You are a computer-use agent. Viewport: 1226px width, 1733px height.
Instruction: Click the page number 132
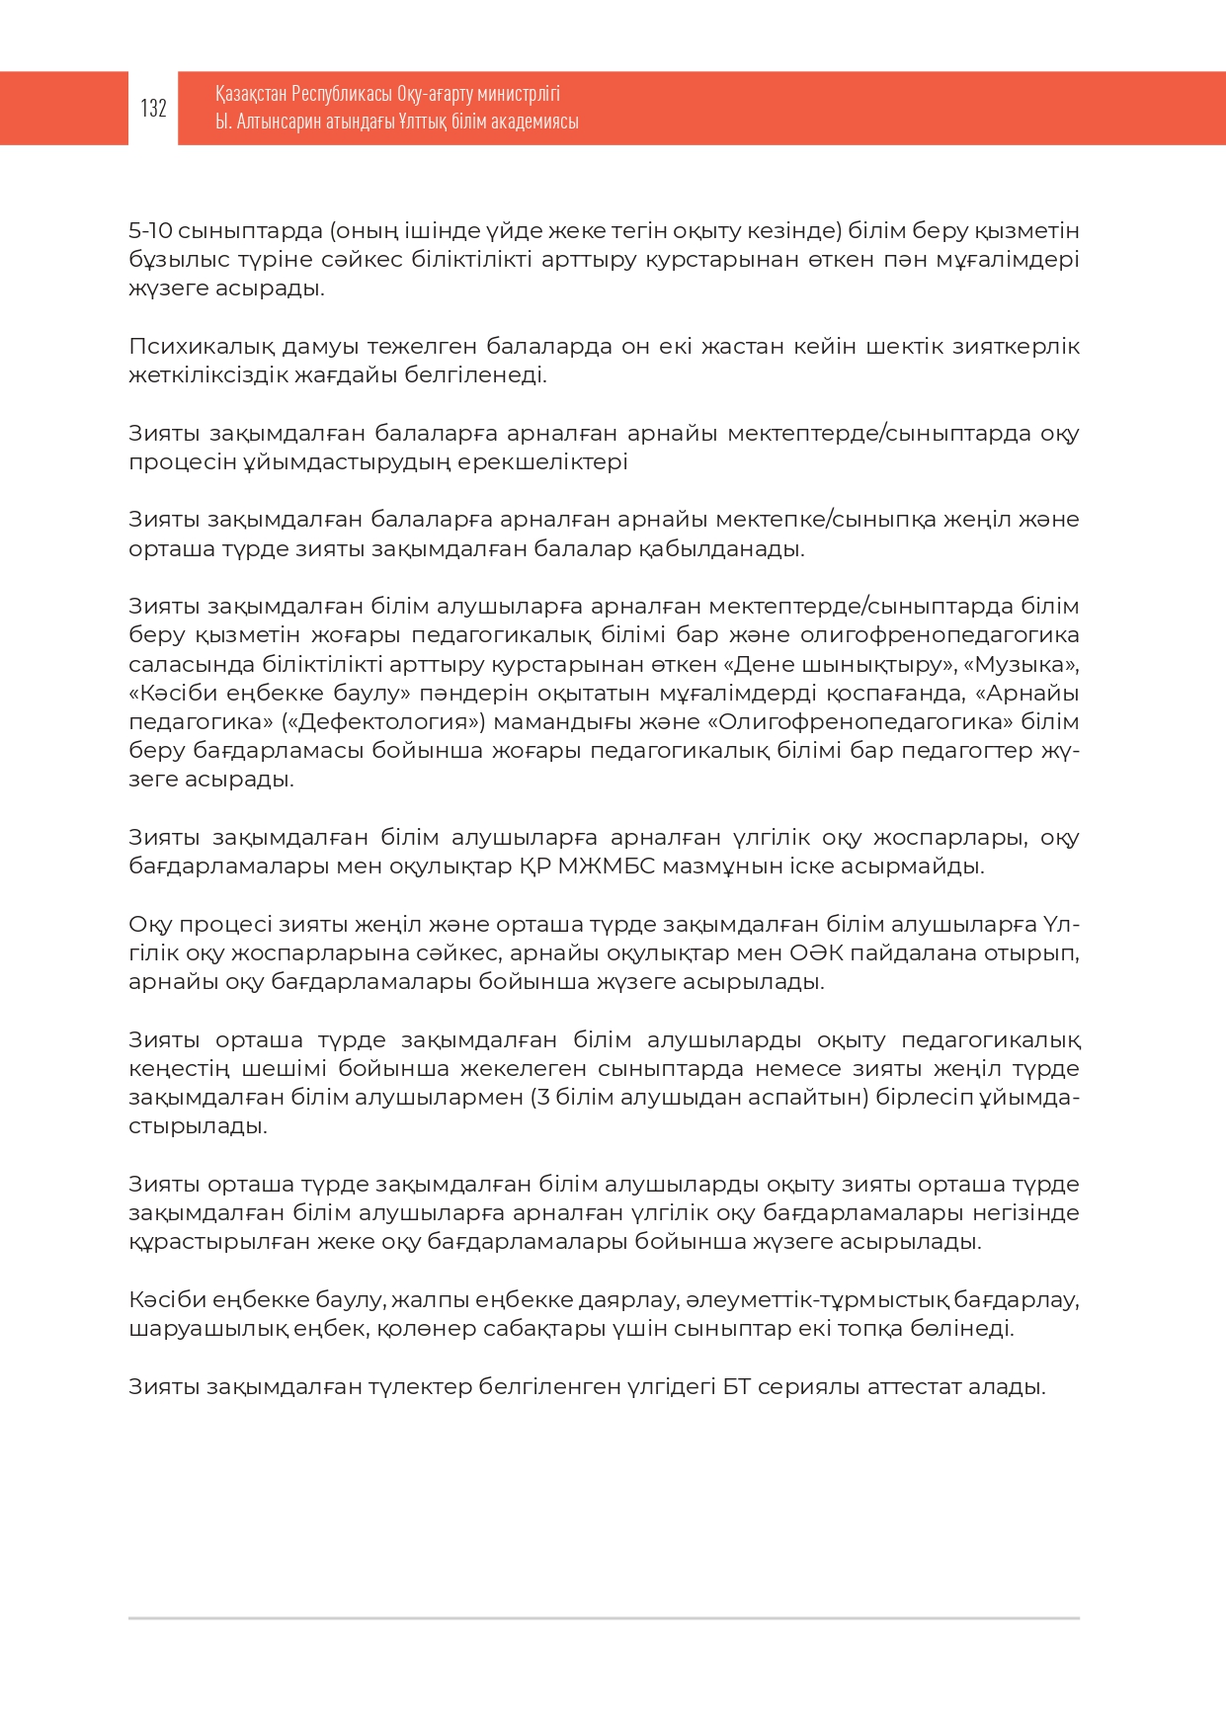pyautogui.click(x=153, y=108)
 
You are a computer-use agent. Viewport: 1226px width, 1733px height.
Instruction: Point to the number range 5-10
pyautogui.click(x=150, y=231)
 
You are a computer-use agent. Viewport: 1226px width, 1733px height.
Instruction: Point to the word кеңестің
pyautogui.click(x=179, y=1069)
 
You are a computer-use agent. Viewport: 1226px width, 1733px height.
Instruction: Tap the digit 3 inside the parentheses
pyautogui.click(x=543, y=1098)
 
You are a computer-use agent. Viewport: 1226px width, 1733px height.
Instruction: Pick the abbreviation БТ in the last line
pyautogui.click(x=736, y=1387)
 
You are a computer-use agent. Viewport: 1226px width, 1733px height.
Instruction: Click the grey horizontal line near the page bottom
pyautogui.click(x=604, y=1618)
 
